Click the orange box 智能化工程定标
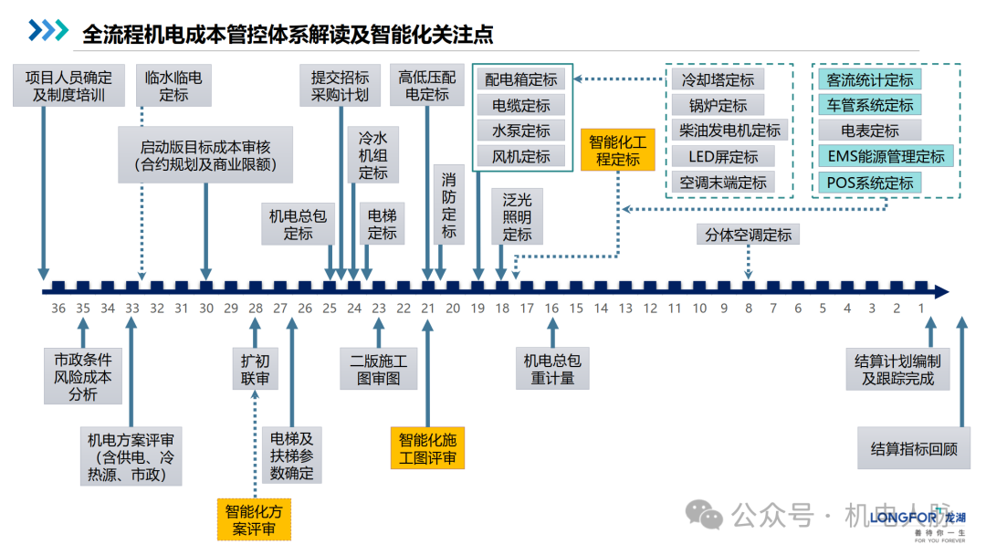coord(617,151)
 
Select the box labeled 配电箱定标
coord(520,79)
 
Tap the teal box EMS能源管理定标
coord(886,156)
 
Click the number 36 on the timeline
coord(58,309)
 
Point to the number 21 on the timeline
coord(428,309)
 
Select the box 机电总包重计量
coord(552,369)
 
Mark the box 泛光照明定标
coord(517,216)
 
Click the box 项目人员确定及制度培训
coord(69,85)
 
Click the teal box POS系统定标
coord(870,182)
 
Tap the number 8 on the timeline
coord(749,309)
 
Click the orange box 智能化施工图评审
coord(427,449)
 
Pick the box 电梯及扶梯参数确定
coord(292,456)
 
